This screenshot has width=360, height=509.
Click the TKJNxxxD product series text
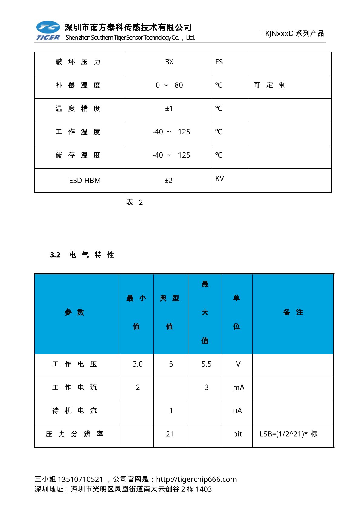tap(292, 33)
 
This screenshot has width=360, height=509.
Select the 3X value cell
tap(169, 62)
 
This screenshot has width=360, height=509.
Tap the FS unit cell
tap(219, 62)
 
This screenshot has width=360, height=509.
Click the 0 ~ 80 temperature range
tap(169, 85)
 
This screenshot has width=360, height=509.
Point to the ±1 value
tap(169, 109)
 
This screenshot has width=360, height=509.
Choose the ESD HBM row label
tap(85, 181)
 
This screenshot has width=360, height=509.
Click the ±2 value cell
tap(168, 181)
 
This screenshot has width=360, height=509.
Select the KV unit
tap(219, 178)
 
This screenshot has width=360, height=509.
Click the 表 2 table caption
tap(134, 202)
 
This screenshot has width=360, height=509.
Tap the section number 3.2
tap(55, 255)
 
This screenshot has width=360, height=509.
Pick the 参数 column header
tap(74, 312)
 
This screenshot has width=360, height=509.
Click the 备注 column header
tap(293, 312)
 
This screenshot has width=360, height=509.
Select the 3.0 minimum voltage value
tap(137, 364)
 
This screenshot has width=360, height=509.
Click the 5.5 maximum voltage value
tap(206, 364)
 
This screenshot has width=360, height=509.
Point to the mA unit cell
tap(238, 387)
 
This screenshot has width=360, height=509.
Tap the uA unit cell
tap(237, 411)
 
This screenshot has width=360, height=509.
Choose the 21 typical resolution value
tap(170, 434)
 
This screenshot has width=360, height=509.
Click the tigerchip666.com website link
tap(196, 479)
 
